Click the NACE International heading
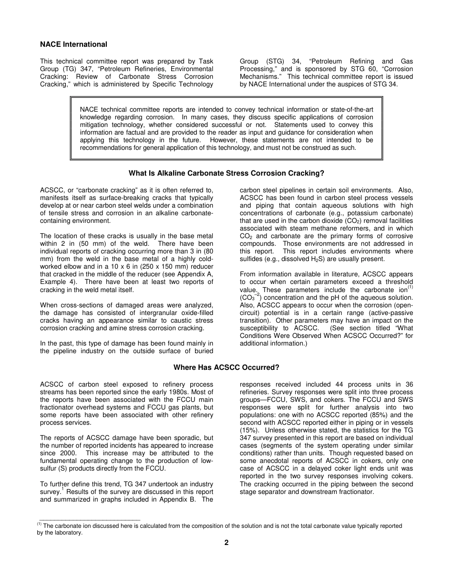tap(73, 44)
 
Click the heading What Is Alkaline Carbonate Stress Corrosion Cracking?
tap(226, 173)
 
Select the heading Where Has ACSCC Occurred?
tap(226, 367)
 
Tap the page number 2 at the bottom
tap(226, 543)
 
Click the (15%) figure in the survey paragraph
tap(249, 430)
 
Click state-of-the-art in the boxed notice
tap(349, 110)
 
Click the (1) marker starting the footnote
tap(40, 524)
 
